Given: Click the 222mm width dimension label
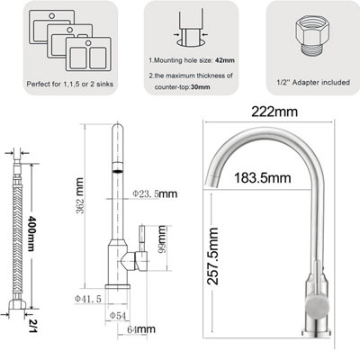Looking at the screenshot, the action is coord(274,112).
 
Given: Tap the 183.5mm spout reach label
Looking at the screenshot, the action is coord(263,178).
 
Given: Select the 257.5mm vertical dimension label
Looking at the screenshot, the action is coord(213,256).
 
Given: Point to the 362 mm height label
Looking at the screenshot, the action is coord(80,195).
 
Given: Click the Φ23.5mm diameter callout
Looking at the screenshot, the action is coord(155,193).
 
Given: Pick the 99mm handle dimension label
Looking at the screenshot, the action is coord(162,239).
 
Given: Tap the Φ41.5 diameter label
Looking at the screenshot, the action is coord(88,299).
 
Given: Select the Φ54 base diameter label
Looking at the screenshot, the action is coord(118,315).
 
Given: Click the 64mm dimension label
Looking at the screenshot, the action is coord(141,329).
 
